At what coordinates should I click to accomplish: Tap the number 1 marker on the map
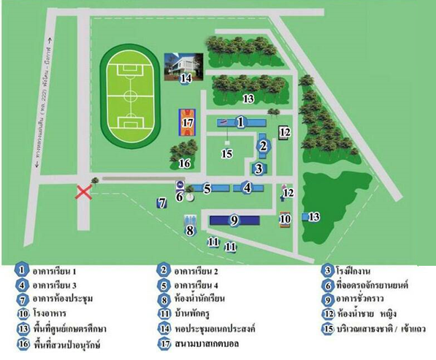239,122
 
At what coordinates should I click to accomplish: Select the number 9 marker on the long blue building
234,219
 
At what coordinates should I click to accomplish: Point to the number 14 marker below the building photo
186,78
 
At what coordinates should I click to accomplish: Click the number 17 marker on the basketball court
188,123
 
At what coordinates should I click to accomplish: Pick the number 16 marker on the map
185,162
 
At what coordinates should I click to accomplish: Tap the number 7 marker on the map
162,203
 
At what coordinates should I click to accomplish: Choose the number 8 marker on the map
190,231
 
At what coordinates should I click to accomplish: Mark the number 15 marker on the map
227,153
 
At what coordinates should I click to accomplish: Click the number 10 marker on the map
286,218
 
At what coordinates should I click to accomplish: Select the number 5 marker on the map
207,188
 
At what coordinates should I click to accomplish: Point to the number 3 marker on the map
258,169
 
